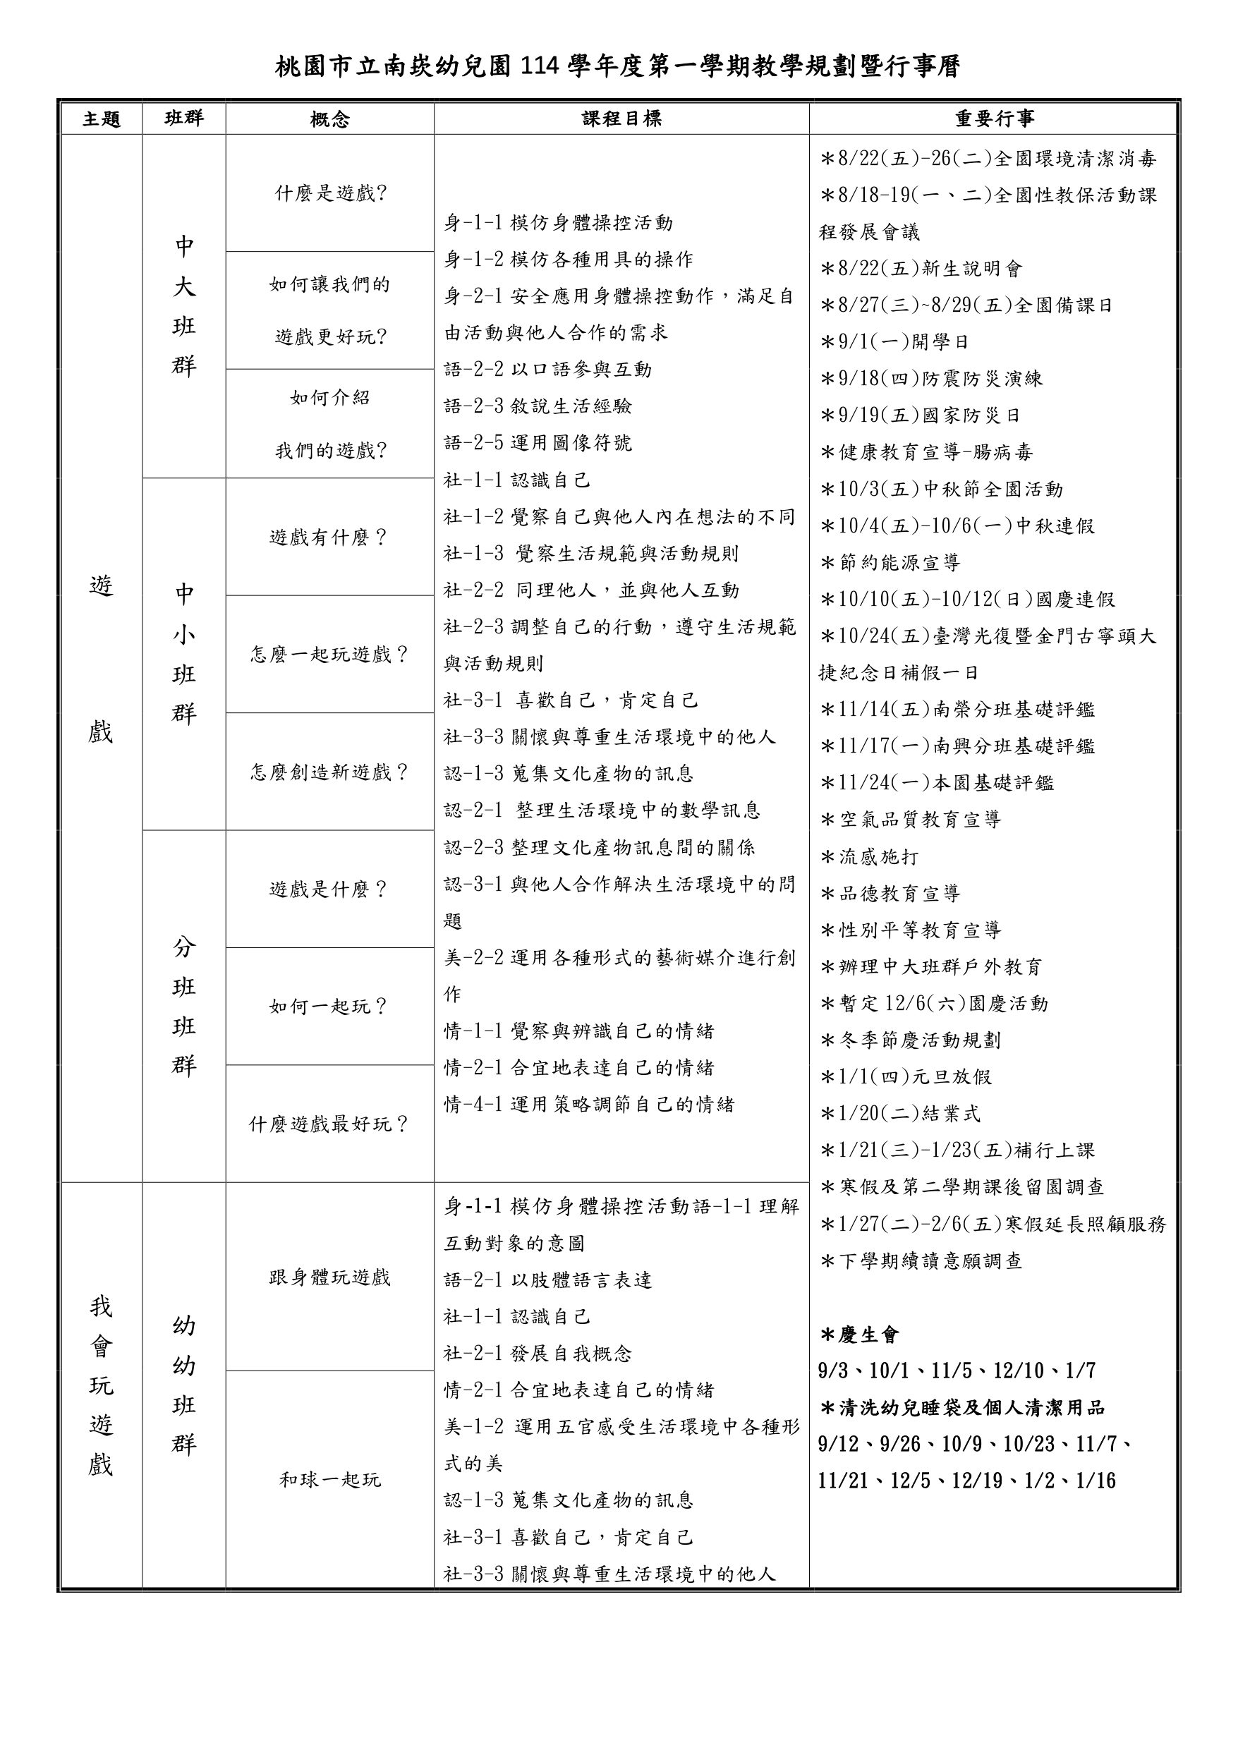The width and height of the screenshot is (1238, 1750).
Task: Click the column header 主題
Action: [102, 119]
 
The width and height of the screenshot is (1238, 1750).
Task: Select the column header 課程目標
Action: [621, 119]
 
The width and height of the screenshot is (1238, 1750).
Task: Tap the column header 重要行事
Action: [995, 119]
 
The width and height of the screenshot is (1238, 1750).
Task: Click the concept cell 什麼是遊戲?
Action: [330, 193]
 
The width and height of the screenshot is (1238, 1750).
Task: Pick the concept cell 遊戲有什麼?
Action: [330, 537]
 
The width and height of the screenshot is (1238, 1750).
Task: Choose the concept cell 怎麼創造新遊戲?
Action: [330, 772]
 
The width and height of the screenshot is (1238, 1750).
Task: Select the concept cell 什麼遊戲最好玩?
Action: [330, 1124]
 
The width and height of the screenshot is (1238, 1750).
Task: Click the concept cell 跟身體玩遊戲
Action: [330, 1277]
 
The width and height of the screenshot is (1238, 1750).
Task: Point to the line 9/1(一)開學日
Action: [895, 341]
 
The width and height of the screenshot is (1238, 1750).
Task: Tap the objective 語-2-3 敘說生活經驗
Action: [538, 406]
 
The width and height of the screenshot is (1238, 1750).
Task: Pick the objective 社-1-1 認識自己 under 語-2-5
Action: [518, 480]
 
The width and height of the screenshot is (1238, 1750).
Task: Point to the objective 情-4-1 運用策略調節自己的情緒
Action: [589, 1105]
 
